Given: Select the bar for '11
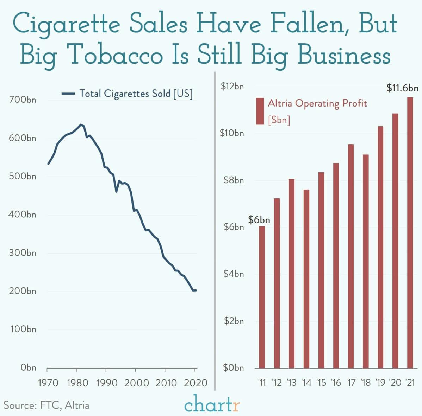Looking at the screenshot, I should click(x=262, y=297).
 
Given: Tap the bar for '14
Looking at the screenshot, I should click(x=306, y=279).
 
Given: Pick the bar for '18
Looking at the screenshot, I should click(x=366, y=261).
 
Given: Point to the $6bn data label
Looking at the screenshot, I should click(x=259, y=220).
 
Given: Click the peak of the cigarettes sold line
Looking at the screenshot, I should click(x=81, y=124).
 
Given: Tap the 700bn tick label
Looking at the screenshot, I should click(x=22, y=100).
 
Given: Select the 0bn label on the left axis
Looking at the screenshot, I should click(x=28, y=368).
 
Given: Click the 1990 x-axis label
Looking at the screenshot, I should click(x=107, y=383).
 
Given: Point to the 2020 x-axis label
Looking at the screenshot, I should click(x=195, y=383).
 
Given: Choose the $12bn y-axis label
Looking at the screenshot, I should click(x=232, y=86).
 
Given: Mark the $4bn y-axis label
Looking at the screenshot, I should click(x=234, y=274).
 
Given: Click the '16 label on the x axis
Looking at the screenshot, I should click(x=336, y=382).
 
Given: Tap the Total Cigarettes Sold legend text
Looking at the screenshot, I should click(x=136, y=94).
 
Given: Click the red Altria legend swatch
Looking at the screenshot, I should click(x=260, y=111).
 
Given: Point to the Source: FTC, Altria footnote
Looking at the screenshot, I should click(x=46, y=405).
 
